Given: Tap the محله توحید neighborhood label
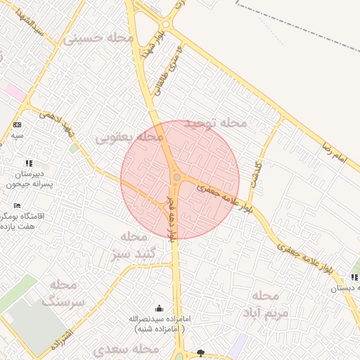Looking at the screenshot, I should click(216, 124).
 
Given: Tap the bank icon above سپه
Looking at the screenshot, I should click(17, 124).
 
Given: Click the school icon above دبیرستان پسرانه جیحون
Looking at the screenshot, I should click(29, 162).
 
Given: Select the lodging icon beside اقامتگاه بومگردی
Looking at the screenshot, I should click(17, 205).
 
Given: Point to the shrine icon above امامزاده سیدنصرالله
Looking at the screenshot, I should click(158, 308).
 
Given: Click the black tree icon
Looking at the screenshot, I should click(201, 352).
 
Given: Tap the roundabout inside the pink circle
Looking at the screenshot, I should click(177, 177).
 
